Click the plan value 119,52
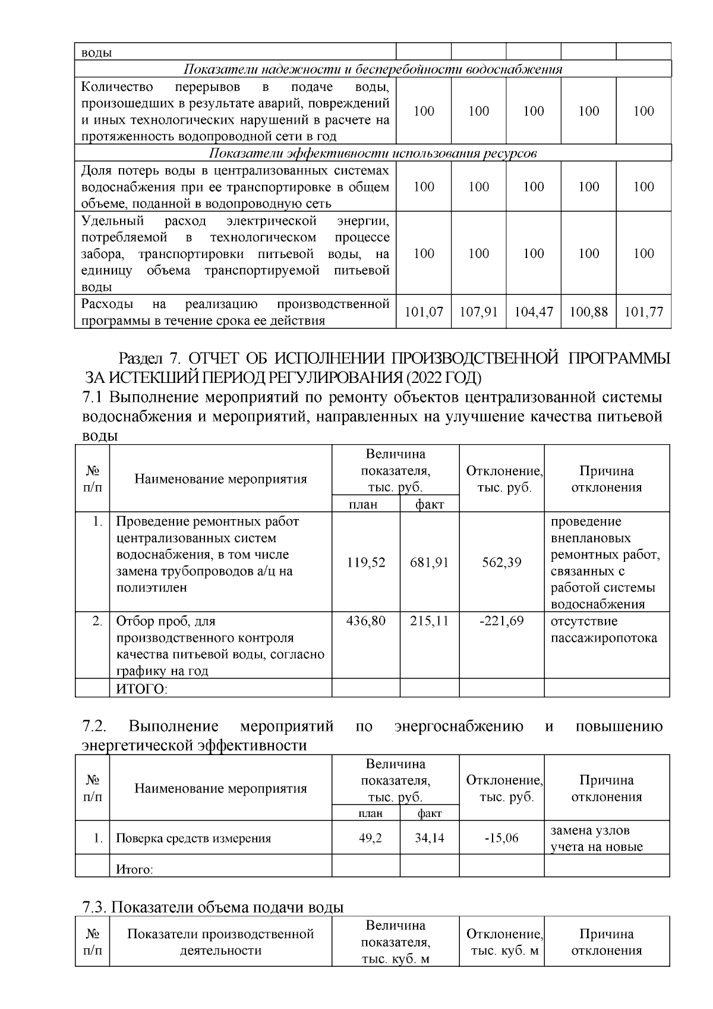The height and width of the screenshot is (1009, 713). point(366,562)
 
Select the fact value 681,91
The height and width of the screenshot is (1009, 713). point(430,562)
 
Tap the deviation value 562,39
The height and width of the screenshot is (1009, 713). point(502,562)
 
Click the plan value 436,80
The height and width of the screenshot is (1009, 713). point(366,621)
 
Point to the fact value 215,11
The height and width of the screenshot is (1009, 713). point(430,621)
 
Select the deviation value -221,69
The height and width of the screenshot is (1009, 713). point(502,621)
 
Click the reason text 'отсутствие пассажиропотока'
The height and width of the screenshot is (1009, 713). point(604,630)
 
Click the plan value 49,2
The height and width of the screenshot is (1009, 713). point(366,838)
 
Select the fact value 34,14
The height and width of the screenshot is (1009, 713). point(430,838)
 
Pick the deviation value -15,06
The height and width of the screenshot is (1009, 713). point(502,838)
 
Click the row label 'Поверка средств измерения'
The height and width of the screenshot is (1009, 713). point(193,839)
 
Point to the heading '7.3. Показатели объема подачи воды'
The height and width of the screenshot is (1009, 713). point(213,908)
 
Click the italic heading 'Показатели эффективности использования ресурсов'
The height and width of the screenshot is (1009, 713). point(373,153)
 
